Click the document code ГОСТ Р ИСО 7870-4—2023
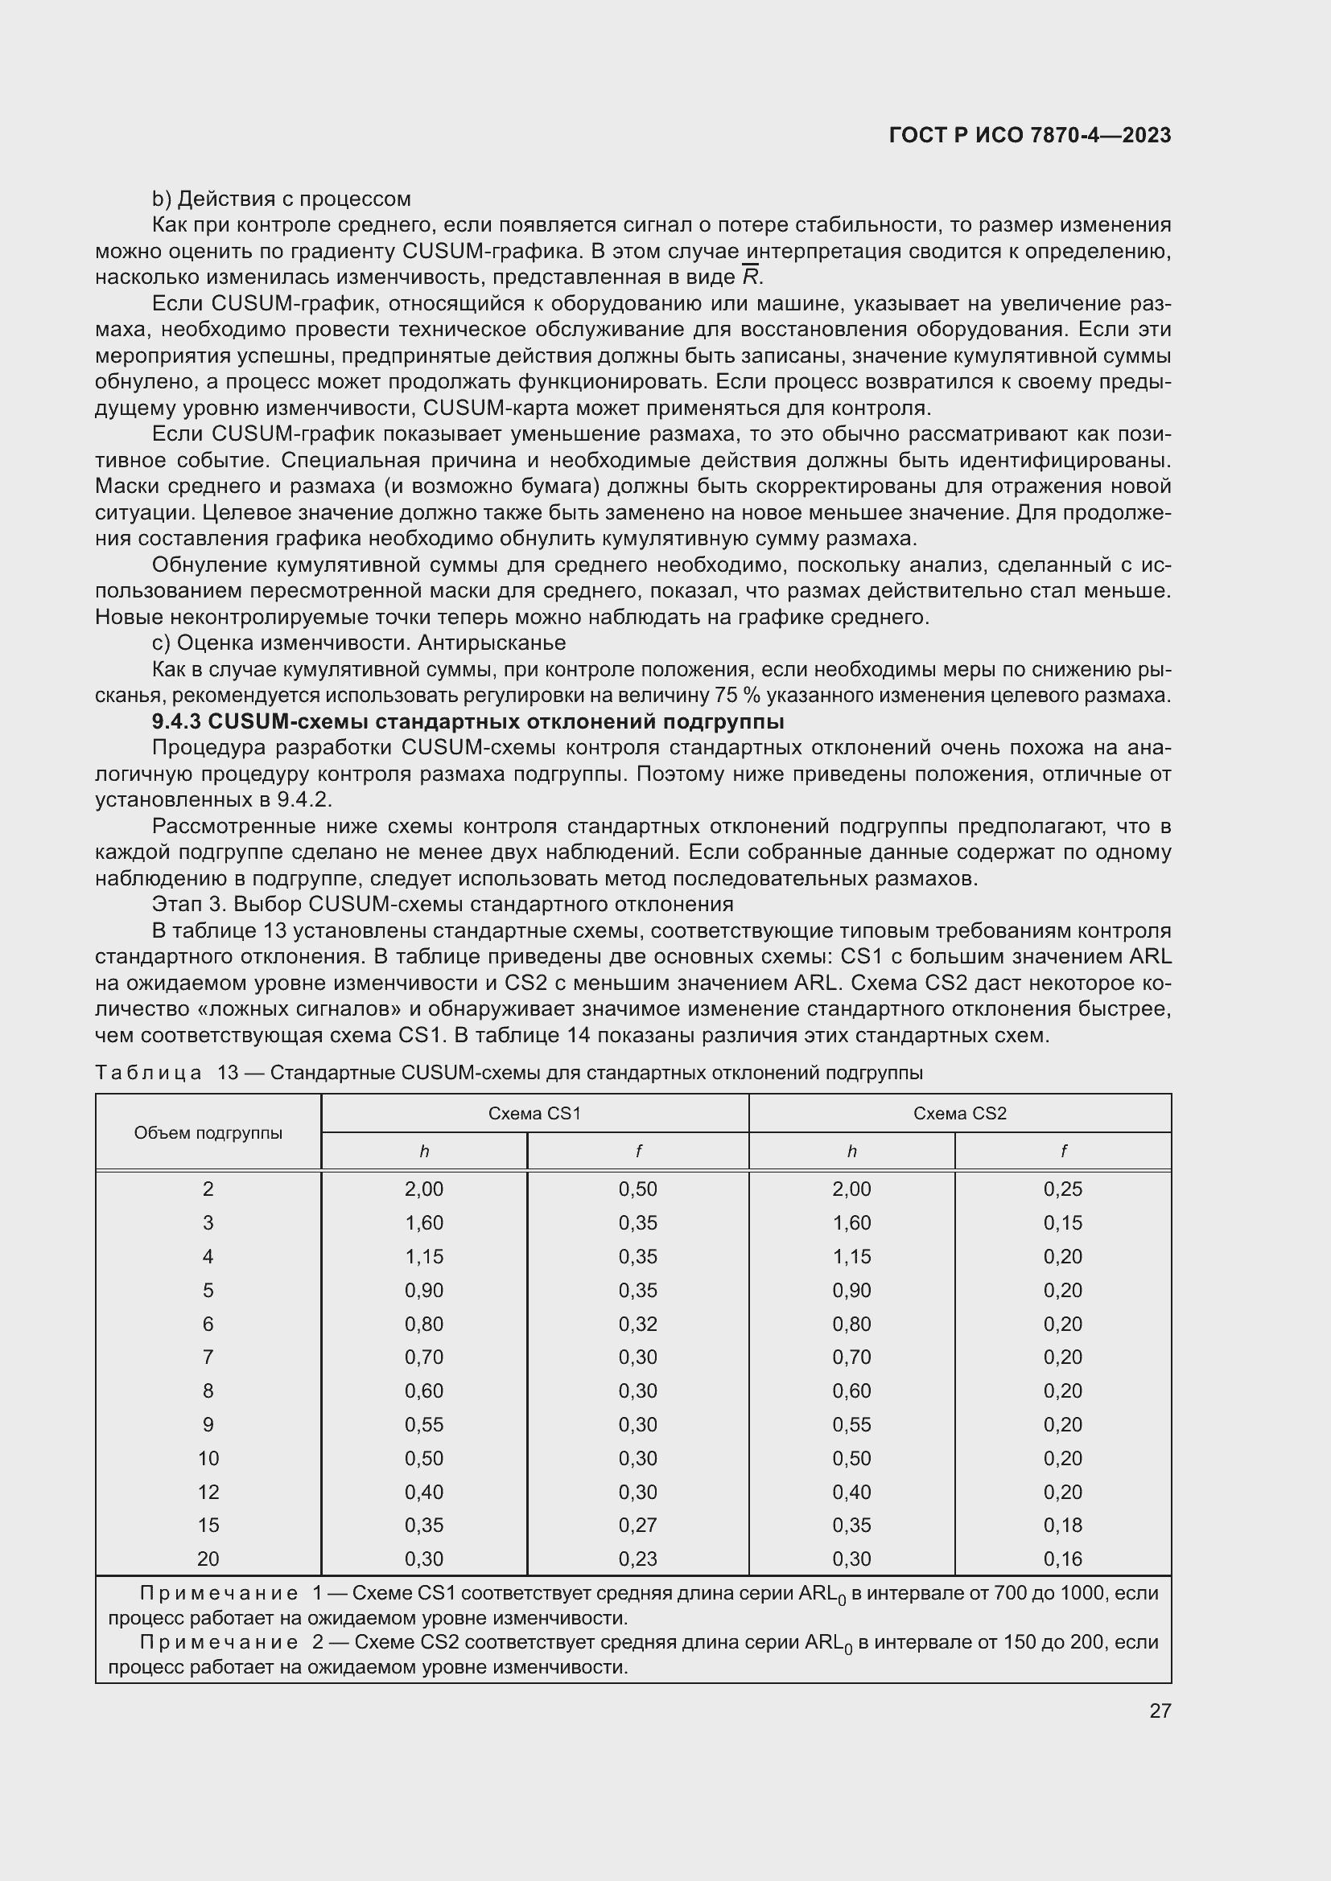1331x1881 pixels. point(1029,135)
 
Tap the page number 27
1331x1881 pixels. point(1160,1711)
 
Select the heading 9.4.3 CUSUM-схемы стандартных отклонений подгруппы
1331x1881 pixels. point(468,721)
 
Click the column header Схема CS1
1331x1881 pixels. point(534,1113)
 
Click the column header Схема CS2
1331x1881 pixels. point(960,1113)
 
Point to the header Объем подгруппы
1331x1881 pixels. point(208,1133)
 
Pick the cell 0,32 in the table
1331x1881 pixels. point(637,1324)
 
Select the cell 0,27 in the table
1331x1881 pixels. point(637,1525)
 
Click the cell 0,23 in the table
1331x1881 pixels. point(637,1559)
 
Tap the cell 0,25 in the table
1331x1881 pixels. point(1062,1189)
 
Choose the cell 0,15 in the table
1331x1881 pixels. point(1062,1222)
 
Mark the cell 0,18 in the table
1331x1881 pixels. point(1062,1525)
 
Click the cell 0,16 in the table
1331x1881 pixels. point(1062,1559)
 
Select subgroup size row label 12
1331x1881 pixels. point(208,1492)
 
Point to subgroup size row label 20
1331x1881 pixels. point(208,1559)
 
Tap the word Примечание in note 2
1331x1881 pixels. point(219,1643)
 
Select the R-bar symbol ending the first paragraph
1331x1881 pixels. point(750,276)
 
